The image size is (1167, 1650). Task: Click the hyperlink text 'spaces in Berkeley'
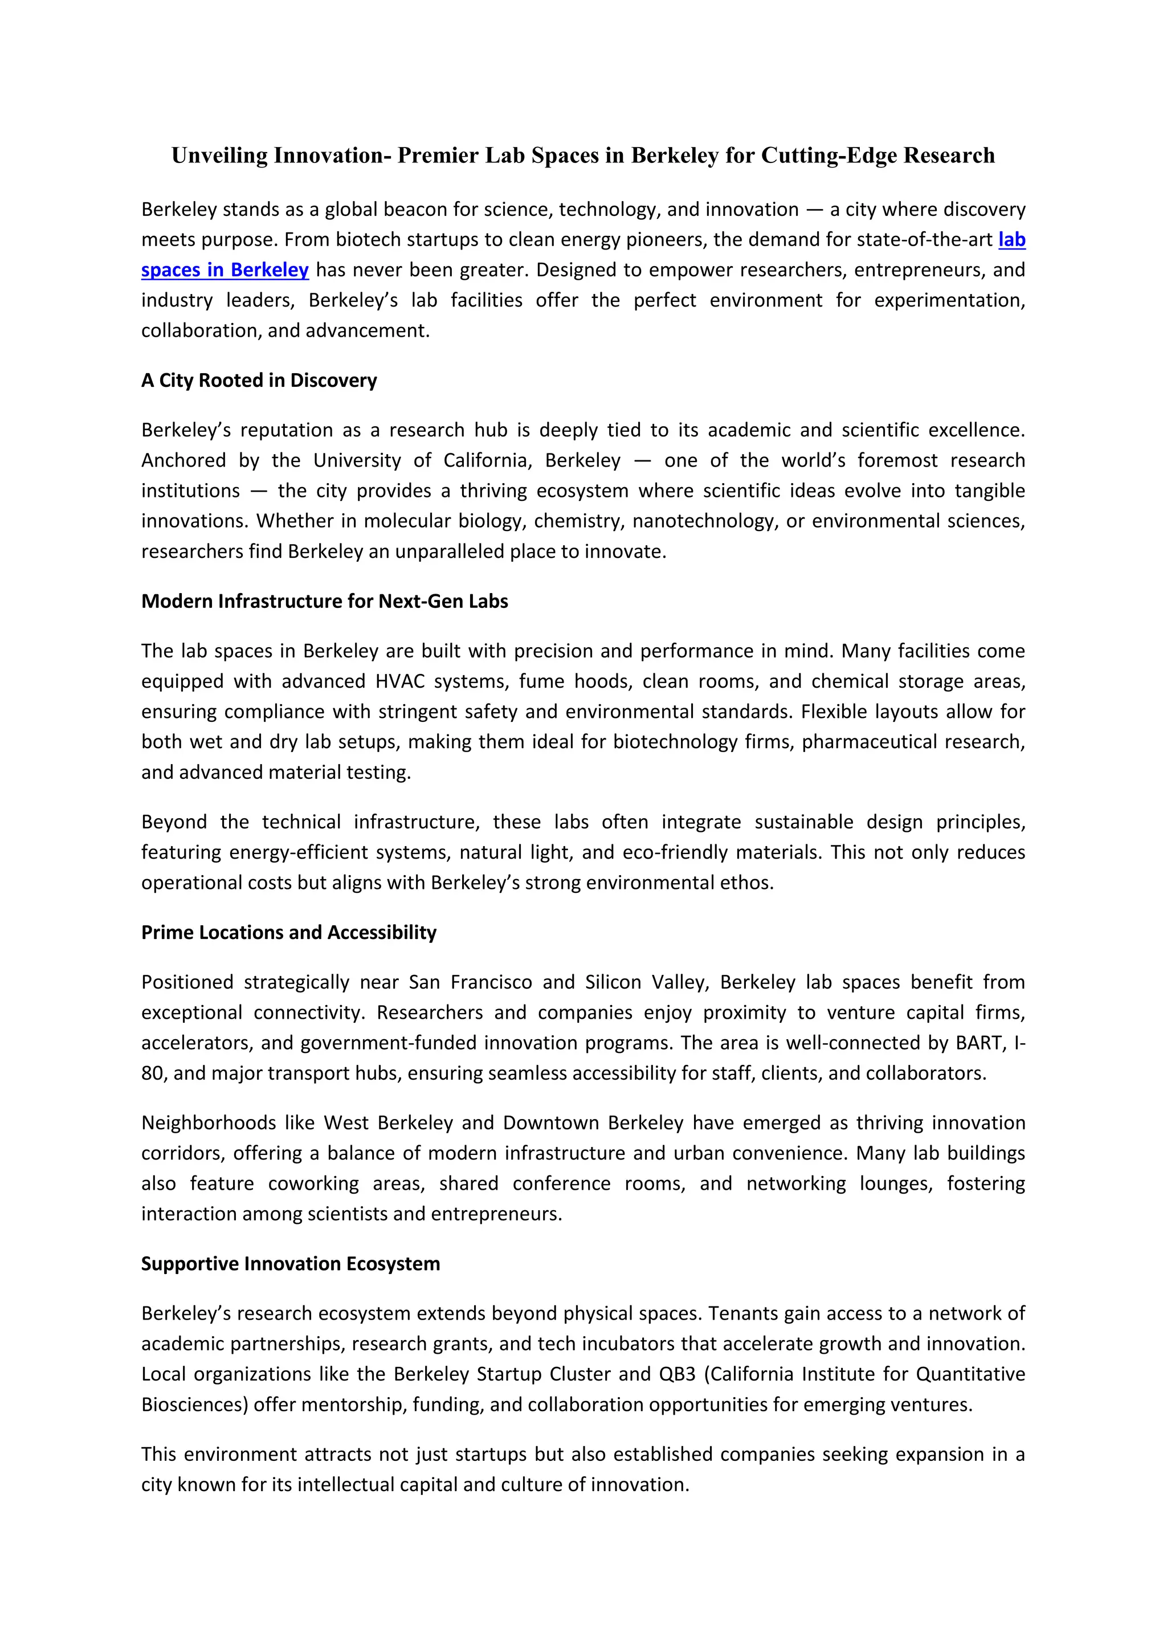coord(225,270)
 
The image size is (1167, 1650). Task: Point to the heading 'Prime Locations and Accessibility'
coord(288,932)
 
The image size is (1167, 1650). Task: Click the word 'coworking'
coord(313,1183)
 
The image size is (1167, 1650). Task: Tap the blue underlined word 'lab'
coord(1011,239)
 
